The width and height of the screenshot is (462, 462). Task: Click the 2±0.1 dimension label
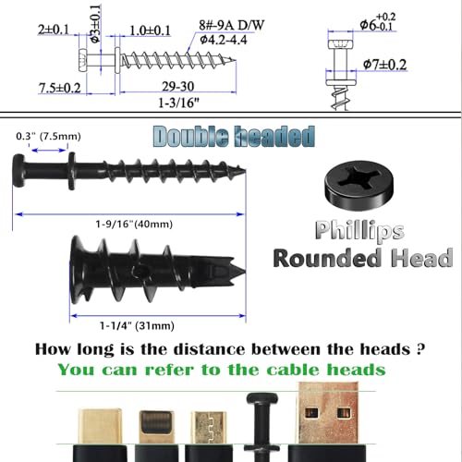[x=54, y=30]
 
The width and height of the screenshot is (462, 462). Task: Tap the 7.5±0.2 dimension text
[x=60, y=88]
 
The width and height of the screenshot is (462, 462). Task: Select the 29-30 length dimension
[x=178, y=87]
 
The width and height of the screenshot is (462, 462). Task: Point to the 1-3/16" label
[x=178, y=103]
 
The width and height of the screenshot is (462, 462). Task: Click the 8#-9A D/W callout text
[x=232, y=25]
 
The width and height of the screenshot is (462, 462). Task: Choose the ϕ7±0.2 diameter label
[x=384, y=65]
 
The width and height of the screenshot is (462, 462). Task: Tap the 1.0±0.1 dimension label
[x=150, y=30]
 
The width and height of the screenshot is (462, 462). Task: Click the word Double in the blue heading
[x=191, y=136]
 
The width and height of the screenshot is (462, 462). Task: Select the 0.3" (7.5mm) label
[x=48, y=136]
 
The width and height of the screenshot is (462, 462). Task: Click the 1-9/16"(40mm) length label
[x=134, y=224]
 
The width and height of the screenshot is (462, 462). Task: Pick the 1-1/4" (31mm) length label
[x=137, y=325]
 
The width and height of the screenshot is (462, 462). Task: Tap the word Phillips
[x=359, y=231]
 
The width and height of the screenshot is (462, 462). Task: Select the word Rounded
[x=327, y=258]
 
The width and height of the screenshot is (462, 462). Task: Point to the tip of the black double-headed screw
[x=245, y=170]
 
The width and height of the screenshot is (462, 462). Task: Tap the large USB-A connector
[x=327, y=413]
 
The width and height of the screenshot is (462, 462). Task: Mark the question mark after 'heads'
[x=420, y=349]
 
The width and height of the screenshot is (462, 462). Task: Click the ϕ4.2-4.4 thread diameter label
[x=224, y=40]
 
